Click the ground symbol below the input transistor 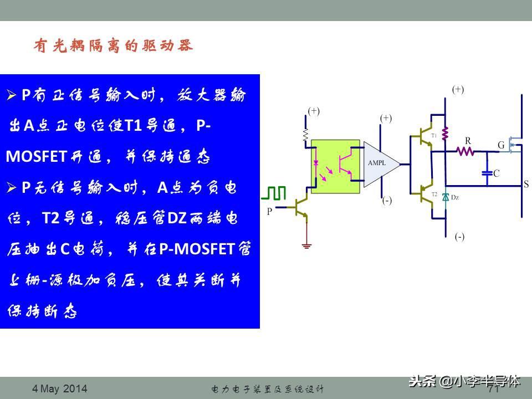(x=305, y=244)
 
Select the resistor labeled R (x=466, y=150)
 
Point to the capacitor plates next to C (x=487, y=173)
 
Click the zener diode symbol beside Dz (x=445, y=198)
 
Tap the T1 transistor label (x=434, y=135)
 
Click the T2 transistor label (x=434, y=195)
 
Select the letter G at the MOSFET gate (x=501, y=145)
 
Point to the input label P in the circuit (x=270, y=211)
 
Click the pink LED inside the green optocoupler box (x=317, y=164)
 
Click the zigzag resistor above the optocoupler (x=305, y=134)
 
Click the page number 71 (x=494, y=389)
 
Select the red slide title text (x=114, y=46)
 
